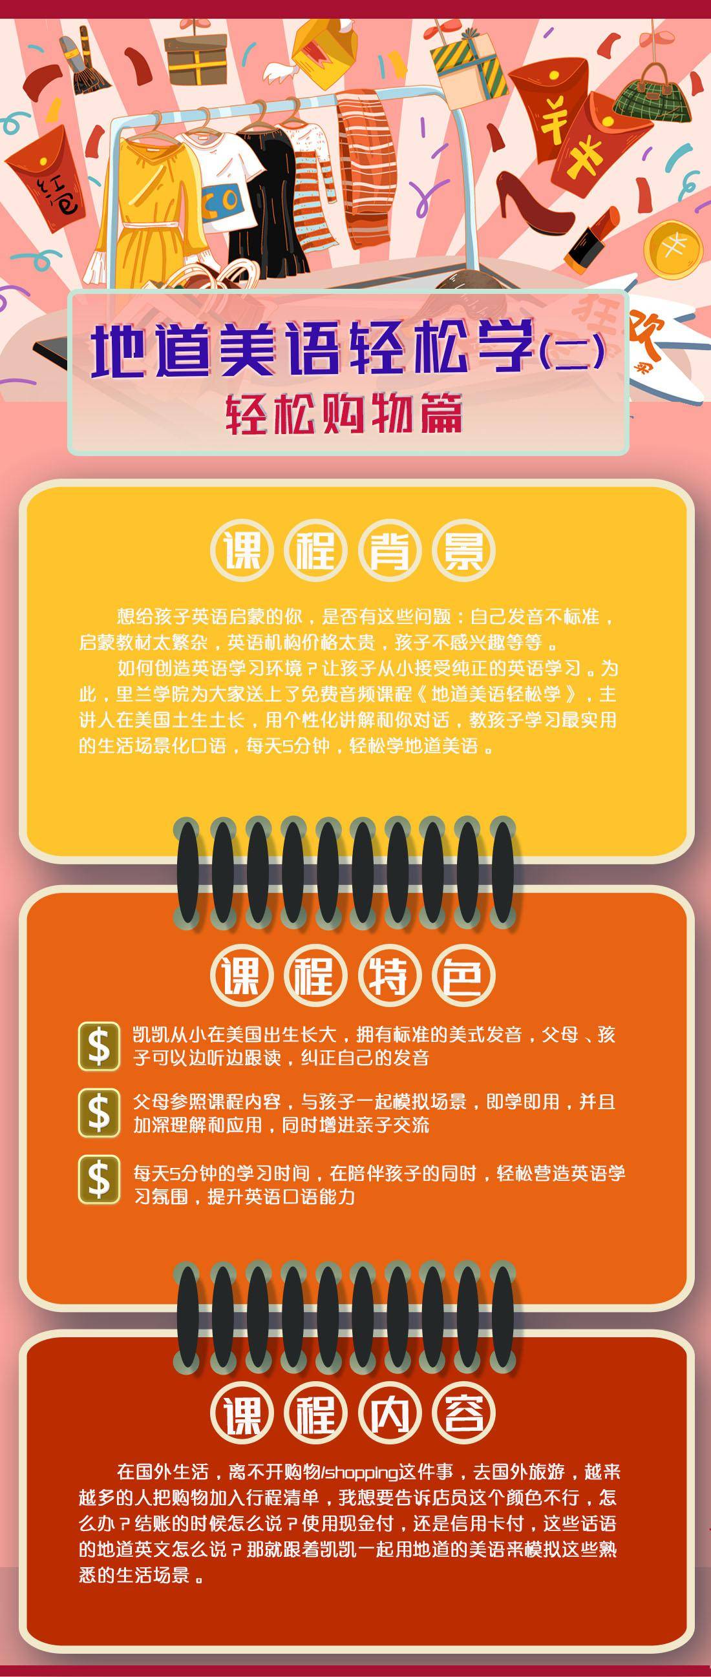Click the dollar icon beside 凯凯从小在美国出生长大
tap(99, 1046)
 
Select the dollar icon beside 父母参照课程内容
tap(99, 1112)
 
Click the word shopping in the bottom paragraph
tap(361, 1474)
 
